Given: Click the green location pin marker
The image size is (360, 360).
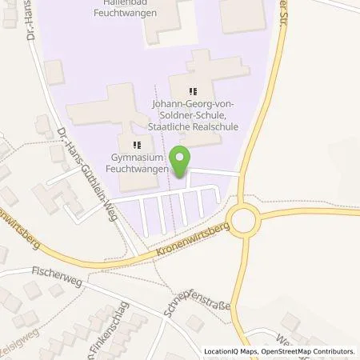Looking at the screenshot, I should tap(182, 161).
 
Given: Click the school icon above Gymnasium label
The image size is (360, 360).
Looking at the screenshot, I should tap(137, 145).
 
